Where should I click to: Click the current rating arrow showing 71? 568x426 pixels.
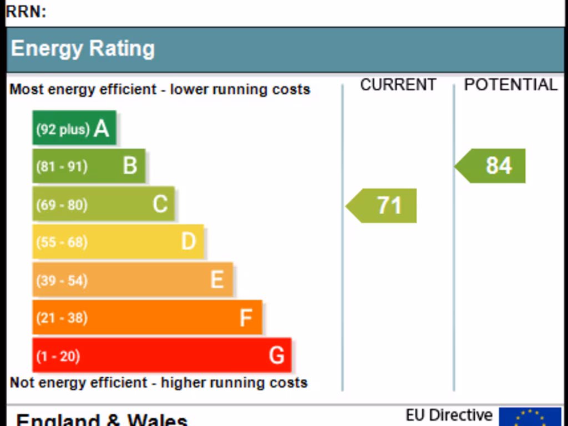pyautogui.click(x=383, y=206)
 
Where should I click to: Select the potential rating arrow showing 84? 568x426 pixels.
pyautogui.click(x=492, y=166)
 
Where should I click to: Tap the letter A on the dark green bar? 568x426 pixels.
pyautogui.click(x=102, y=129)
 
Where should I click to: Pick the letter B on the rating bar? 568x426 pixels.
pyautogui.click(x=130, y=166)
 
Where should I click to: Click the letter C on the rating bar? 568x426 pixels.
pyautogui.click(x=160, y=204)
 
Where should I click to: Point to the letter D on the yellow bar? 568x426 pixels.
pyautogui.click(x=189, y=242)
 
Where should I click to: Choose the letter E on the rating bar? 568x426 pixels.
pyautogui.click(x=217, y=280)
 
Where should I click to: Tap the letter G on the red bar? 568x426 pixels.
pyautogui.click(x=276, y=356)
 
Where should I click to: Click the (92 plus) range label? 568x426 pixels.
pyautogui.click(x=63, y=129)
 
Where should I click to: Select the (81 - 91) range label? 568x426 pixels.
pyautogui.click(x=62, y=166)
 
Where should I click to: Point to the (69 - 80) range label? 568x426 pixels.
pyautogui.click(x=62, y=205)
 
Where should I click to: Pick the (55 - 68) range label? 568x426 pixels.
pyautogui.click(x=62, y=242)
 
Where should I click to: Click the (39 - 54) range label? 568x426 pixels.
pyautogui.click(x=62, y=281)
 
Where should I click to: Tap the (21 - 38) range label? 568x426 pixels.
pyautogui.click(x=62, y=318)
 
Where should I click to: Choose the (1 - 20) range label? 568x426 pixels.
pyautogui.click(x=58, y=356)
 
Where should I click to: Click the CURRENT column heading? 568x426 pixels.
pyautogui.click(x=398, y=85)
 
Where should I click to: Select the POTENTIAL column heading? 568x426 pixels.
pyautogui.click(x=510, y=85)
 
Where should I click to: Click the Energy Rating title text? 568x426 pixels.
pyautogui.click(x=83, y=49)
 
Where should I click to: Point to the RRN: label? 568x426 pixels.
pyautogui.click(x=26, y=12)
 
